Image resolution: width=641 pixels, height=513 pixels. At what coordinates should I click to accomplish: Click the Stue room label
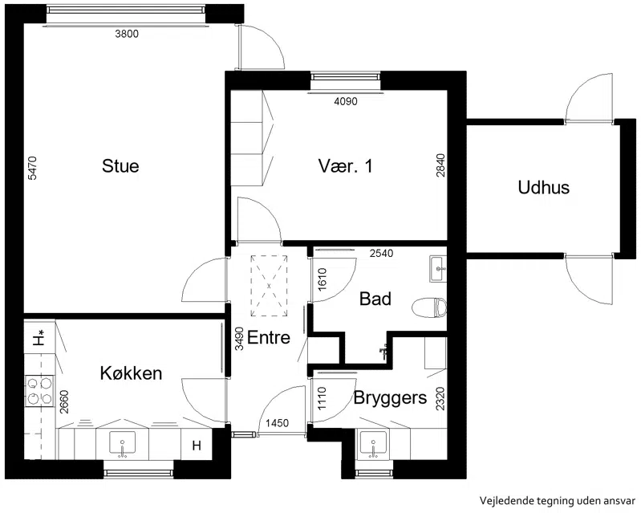tap(120, 166)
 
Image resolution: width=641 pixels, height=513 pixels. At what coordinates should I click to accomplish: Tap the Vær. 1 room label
tap(346, 166)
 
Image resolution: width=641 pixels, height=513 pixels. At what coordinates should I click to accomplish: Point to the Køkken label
tap(131, 373)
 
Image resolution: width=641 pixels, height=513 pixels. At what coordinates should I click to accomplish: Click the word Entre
tap(269, 337)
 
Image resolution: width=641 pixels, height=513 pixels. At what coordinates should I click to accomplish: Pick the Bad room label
tap(375, 299)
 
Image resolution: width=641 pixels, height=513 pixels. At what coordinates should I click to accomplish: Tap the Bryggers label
tap(390, 397)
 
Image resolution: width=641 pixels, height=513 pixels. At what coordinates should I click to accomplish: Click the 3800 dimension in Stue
tap(127, 34)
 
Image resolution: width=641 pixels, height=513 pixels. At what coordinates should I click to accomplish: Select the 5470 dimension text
tap(33, 168)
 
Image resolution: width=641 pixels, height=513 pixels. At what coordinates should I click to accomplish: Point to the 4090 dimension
tap(346, 101)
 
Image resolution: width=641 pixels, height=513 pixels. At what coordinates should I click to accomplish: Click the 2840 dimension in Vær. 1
tap(440, 165)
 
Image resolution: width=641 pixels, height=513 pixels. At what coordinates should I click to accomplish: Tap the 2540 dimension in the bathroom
tap(381, 253)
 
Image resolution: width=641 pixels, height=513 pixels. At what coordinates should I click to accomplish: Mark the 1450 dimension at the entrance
tap(277, 423)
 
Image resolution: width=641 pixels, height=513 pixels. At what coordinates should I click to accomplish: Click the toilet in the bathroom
tap(429, 308)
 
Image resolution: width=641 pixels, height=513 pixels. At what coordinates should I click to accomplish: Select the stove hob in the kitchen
tap(39, 391)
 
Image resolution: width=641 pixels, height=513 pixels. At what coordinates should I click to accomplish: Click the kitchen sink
tap(122, 444)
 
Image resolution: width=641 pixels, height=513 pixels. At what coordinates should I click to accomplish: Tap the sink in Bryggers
tap(373, 444)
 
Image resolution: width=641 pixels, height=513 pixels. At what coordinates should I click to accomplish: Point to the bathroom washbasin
tap(438, 269)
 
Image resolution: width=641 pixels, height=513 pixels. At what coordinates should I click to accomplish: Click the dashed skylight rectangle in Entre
tap(269, 286)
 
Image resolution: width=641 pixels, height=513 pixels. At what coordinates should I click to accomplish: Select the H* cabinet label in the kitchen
tap(39, 340)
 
